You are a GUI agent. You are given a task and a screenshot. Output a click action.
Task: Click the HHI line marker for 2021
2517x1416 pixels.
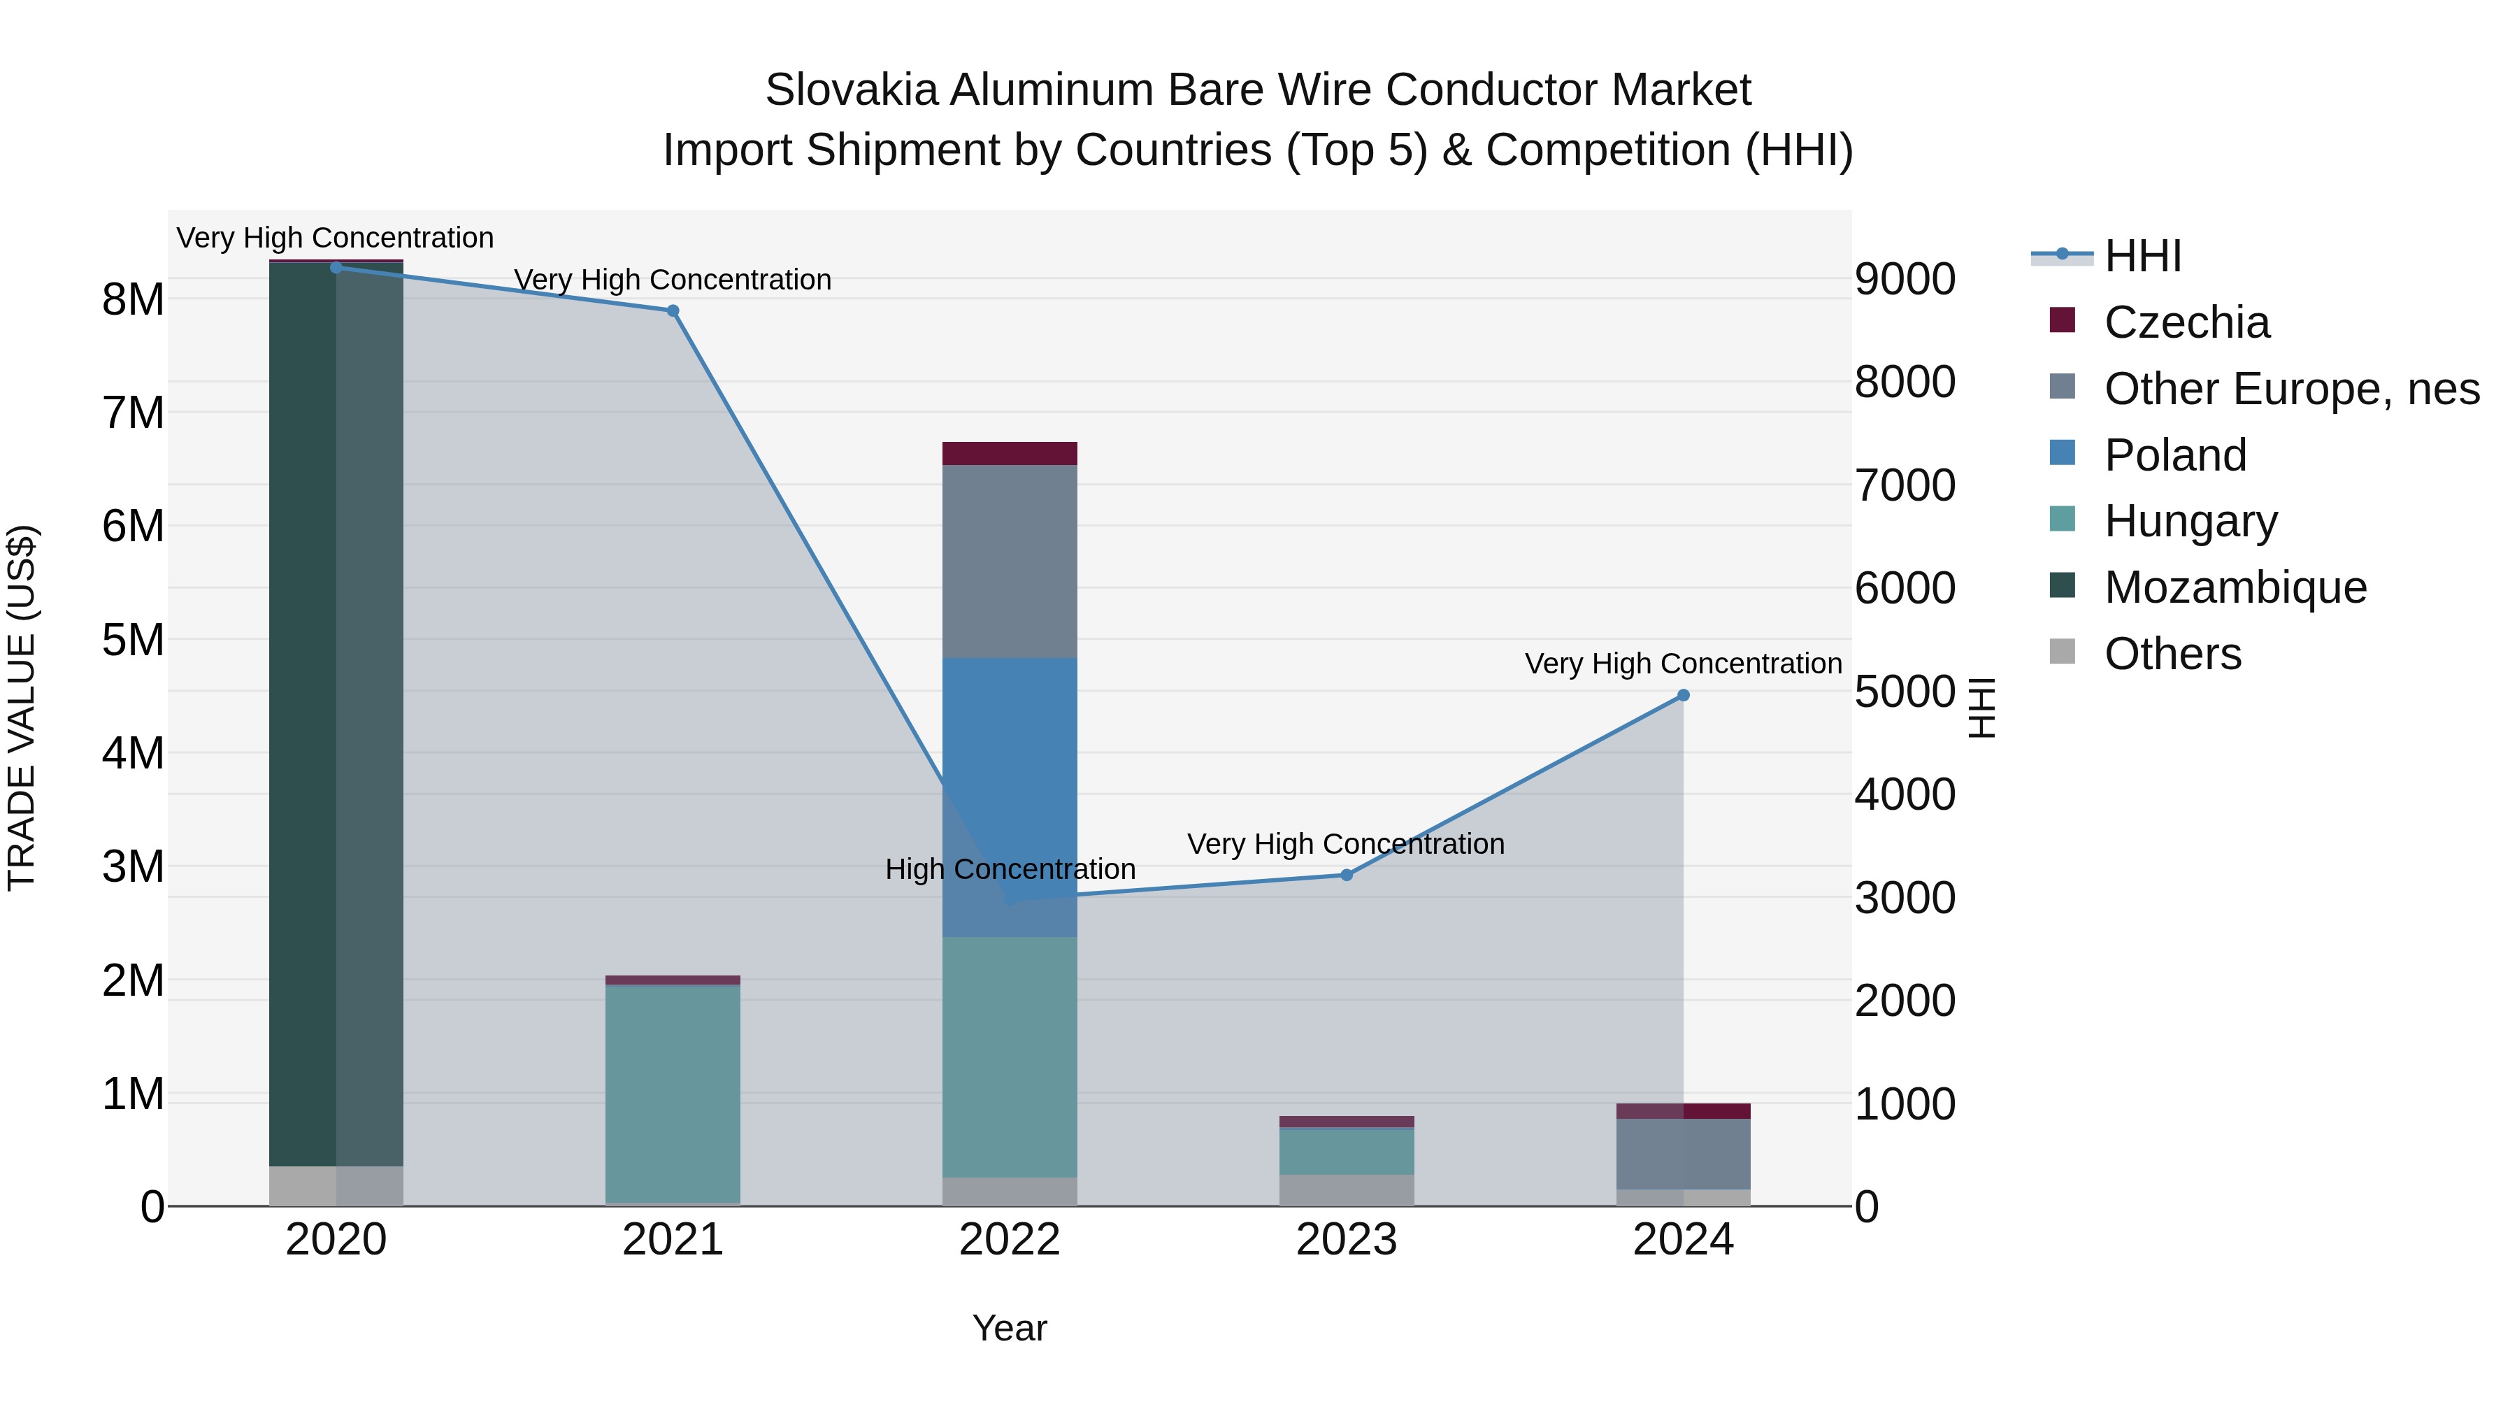click(672, 310)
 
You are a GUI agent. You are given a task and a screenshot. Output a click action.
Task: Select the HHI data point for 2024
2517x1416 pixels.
click(1683, 695)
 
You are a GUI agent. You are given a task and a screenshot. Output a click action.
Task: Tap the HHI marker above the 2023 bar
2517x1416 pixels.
click(1345, 875)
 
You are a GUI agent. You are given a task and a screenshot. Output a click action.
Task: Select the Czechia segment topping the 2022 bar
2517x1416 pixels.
click(1010, 453)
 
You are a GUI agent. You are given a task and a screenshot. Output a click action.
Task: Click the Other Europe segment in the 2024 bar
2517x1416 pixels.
click(1683, 1153)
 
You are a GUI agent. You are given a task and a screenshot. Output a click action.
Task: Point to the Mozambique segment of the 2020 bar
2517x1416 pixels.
click(303, 713)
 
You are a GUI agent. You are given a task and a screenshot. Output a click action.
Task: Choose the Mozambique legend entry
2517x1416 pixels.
click(2234, 587)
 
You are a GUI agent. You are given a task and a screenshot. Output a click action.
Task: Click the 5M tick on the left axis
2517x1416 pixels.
click(133, 640)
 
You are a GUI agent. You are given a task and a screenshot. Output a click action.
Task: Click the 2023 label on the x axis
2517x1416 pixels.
click(1345, 1240)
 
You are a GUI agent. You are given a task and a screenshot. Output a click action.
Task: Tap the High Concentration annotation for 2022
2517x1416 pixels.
click(1010, 868)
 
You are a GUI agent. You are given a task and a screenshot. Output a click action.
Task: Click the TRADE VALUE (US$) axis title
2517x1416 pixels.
click(22, 708)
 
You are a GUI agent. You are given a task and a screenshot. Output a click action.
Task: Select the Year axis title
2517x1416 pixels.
click(1010, 1328)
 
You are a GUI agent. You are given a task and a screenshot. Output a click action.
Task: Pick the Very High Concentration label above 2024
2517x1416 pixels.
click(1683, 664)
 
